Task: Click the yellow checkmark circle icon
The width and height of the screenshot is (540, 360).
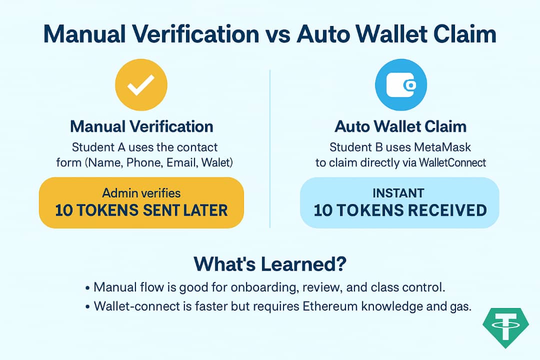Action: [x=141, y=85]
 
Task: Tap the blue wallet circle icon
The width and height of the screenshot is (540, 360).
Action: [x=400, y=85]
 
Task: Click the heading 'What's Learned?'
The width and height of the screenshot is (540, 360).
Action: [x=270, y=263]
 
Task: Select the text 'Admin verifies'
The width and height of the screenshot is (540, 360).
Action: [x=141, y=193]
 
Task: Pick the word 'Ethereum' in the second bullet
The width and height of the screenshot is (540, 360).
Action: [x=334, y=306]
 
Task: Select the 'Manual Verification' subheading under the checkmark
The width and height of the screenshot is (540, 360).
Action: [x=141, y=126]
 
